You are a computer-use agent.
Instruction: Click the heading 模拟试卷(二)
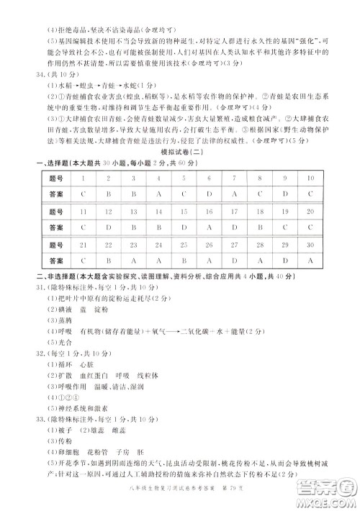tap(179, 154)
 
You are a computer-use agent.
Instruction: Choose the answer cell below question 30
tap(310, 261)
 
